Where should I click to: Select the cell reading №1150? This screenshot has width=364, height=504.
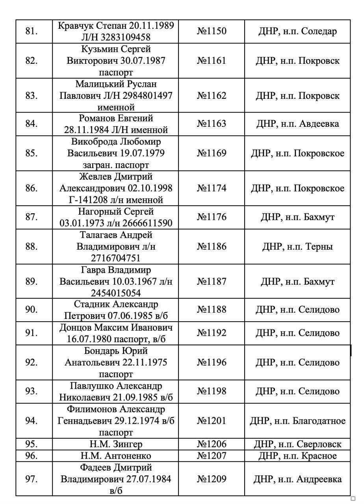click(x=212, y=31)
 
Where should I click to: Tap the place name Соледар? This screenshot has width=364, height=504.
click(x=319, y=31)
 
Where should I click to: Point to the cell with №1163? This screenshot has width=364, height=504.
click(x=212, y=124)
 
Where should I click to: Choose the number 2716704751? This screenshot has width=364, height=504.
click(x=116, y=258)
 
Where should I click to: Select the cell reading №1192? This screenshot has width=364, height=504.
click(x=212, y=333)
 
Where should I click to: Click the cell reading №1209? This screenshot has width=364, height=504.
click(x=212, y=479)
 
